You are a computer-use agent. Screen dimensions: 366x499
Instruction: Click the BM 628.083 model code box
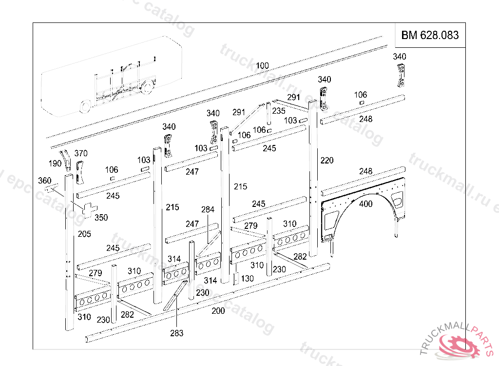430,35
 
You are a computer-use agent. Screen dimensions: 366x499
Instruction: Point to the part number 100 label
262,66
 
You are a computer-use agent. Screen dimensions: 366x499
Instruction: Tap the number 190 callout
55,163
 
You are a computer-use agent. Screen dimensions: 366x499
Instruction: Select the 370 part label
81,153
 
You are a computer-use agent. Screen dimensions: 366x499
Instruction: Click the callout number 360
44,181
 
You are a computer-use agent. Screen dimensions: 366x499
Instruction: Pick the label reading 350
101,217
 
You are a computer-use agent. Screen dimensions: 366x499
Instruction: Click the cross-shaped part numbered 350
88,209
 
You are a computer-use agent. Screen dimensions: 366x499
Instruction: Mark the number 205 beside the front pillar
84,234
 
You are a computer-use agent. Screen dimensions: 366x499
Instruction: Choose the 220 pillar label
327,160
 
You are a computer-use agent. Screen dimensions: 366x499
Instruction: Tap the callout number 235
279,111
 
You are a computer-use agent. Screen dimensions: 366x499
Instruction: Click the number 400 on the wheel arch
365,204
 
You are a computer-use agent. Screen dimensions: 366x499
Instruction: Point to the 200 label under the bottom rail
218,310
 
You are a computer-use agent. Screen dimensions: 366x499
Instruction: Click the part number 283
177,333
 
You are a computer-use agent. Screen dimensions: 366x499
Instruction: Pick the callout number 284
208,210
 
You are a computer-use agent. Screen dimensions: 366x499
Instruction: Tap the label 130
248,278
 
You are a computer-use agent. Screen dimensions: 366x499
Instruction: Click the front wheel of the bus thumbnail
85,107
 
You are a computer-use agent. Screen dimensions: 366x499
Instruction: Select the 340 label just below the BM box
400,57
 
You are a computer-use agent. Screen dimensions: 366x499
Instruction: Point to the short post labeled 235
268,115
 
